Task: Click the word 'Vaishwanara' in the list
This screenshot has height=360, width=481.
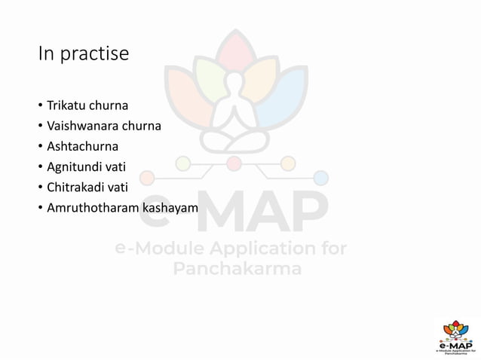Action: (79, 126)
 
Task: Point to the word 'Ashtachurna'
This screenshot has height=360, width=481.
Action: (83, 146)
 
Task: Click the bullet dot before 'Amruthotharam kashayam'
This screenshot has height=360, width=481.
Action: (41, 208)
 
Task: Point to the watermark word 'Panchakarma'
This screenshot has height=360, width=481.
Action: (237, 270)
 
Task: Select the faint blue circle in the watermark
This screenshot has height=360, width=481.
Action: (322, 178)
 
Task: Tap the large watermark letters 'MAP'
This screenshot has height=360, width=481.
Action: (260, 211)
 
